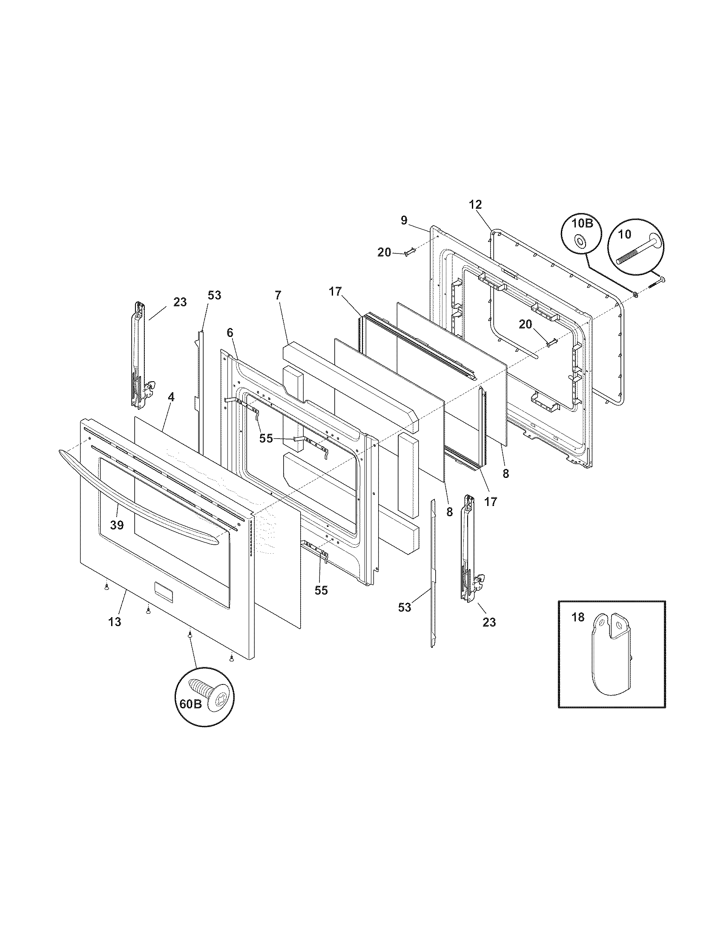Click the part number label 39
pos(117,524)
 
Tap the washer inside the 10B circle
pos(580,243)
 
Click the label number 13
pos(115,622)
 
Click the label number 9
pos(404,220)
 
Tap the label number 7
pos(278,295)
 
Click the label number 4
pos(171,397)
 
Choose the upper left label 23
pos(180,302)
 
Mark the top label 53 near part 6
pos(215,295)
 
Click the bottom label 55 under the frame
pos(321,590)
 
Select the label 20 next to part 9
pos(384,253)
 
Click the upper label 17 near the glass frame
pos(336,292)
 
